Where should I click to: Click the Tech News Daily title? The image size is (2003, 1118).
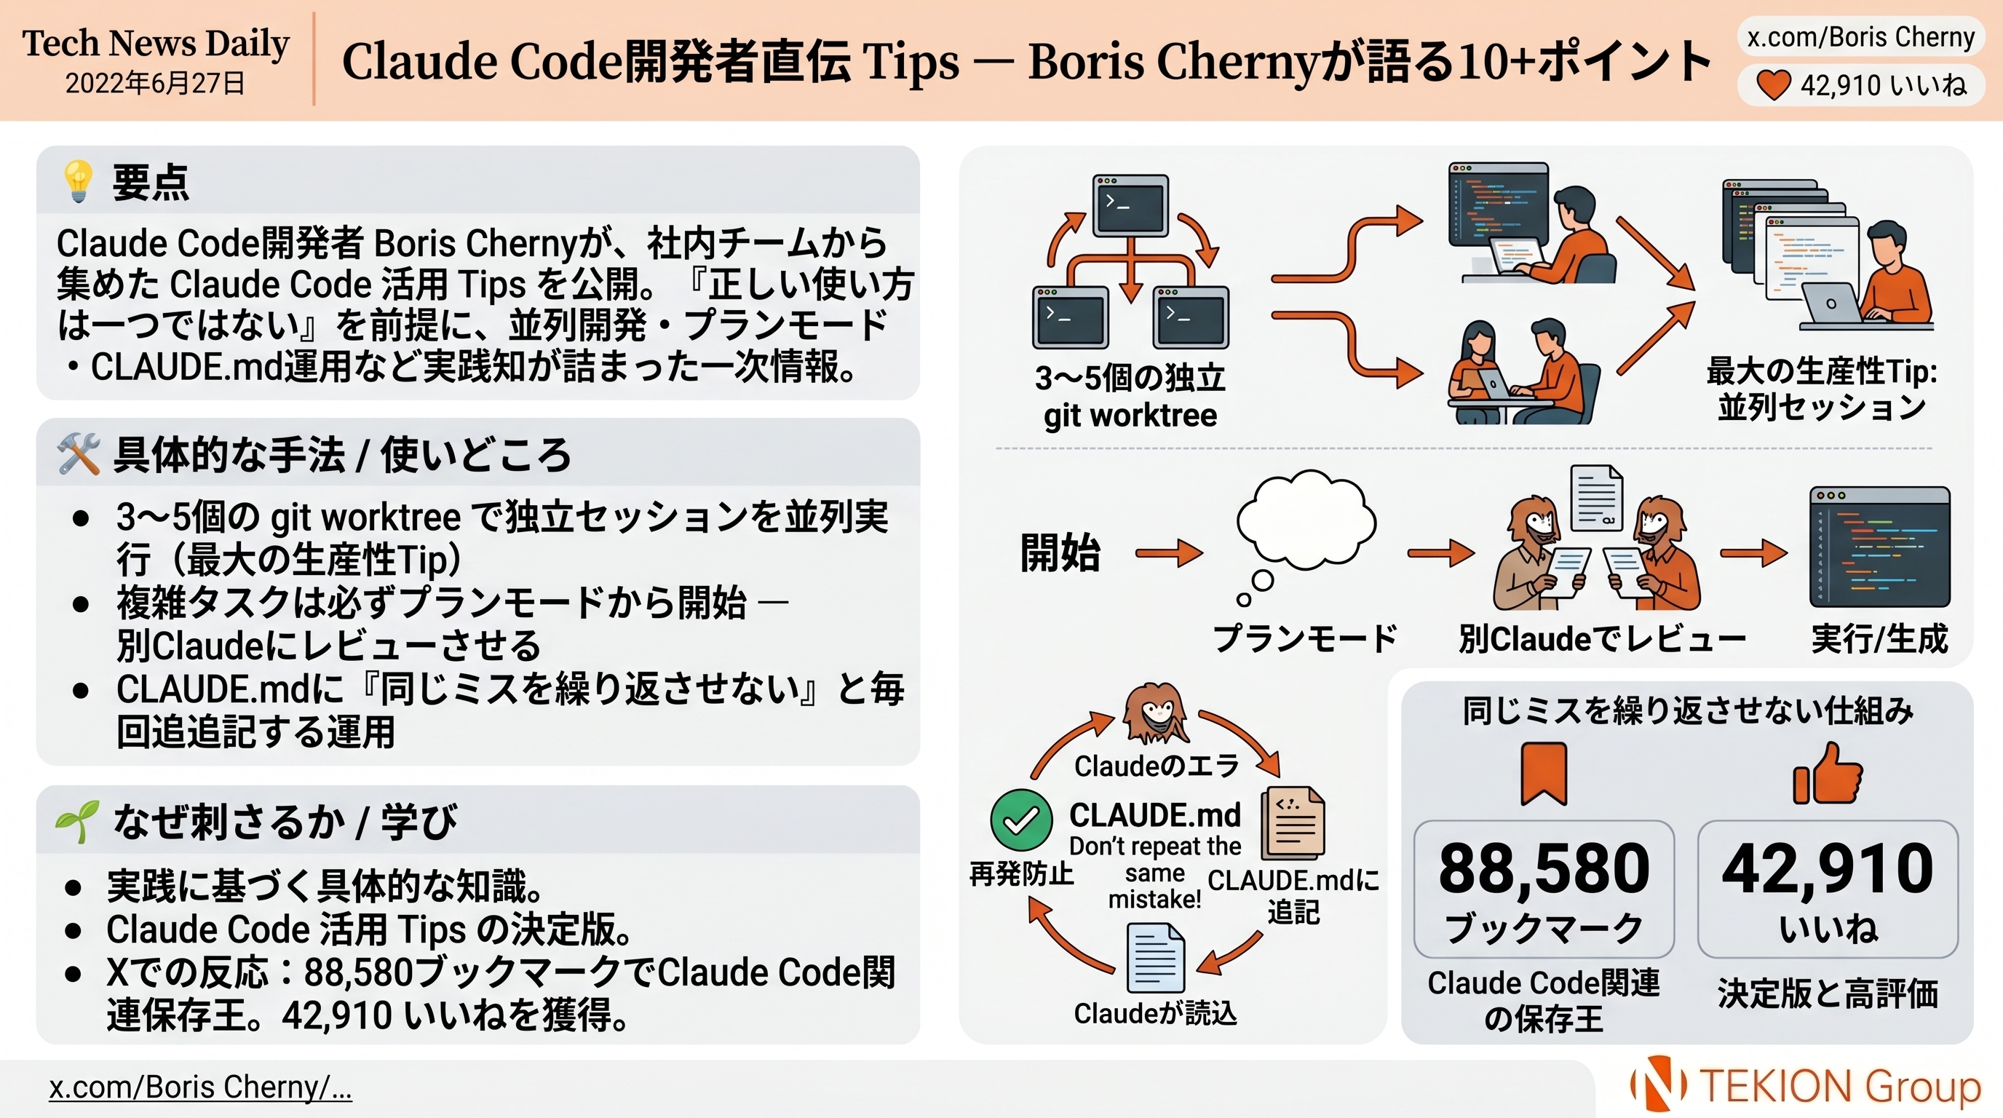[x=156, y=44]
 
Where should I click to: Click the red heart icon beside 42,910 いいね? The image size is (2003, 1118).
[x=1774, y=84]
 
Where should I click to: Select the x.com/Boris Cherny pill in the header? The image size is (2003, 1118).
[x=1860, y=37]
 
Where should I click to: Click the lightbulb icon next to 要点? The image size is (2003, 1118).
[x=79, y=182]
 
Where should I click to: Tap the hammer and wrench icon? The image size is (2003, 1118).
[x=79, y=454]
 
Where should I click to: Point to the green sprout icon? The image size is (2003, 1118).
[x=77, y=821]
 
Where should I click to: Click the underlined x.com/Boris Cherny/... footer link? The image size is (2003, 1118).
[x=201, y=1087]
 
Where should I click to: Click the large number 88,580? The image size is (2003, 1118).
[x=1544, y=869]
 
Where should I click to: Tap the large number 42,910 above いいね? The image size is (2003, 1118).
[x=1828, y=869]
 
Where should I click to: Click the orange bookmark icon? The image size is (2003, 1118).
[x=1544, y=774]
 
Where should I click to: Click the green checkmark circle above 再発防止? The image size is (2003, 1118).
[x=1021, y=820]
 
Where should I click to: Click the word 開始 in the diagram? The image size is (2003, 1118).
[x=1060, y=554]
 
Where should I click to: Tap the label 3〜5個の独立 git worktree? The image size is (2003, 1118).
[x=1130, y=397]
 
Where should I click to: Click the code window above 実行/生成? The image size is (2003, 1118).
[x=1879, y=547]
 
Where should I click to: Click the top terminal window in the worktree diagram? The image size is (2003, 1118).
[x=1130, y=205]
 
